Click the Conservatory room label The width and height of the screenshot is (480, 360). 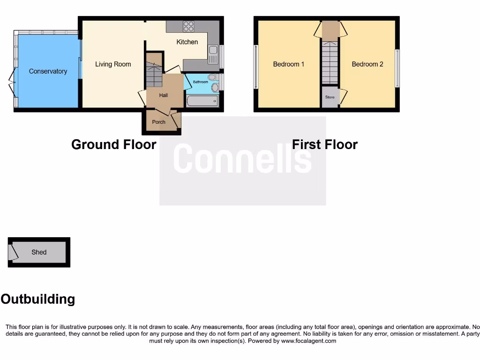[x=48, y=71]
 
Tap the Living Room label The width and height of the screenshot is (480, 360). [x=113, y=64]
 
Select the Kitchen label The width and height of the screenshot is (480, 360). [x=187, y=42]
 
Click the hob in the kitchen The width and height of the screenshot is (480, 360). [x=188, y=26]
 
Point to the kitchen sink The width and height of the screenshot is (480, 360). [x=213, y=54]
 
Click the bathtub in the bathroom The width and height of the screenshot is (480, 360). [x=202, y=101]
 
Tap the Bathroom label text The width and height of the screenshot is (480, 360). [x=200, y=82]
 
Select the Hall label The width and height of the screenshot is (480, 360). [x=163, y=95]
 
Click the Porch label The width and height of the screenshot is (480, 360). [x=158, y=122]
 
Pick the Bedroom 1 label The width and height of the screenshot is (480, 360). [x=289, y=64]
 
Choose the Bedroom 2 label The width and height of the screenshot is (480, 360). [x=367, y=64]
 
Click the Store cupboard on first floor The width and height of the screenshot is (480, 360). [x=330, y=97]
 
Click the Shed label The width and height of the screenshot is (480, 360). [x=39, y=252]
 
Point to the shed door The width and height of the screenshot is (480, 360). [x=13, y=252]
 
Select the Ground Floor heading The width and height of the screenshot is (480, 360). [x=113, y=144]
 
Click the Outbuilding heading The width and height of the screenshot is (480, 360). [x=38, y=299]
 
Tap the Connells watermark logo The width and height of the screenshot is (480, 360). [x=242, y=159]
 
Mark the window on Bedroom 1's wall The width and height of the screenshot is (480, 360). [x=256, y=66]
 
